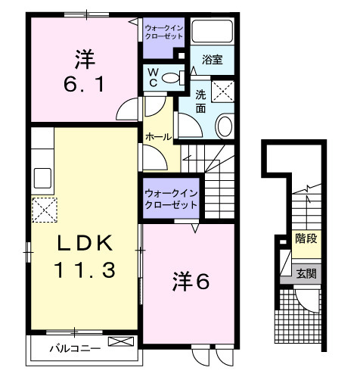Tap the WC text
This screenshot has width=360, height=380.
pos(153,77)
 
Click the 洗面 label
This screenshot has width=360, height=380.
pos(201,101)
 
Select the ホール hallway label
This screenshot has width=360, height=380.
pos(157,137)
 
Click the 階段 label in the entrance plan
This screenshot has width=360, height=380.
pos(306,238)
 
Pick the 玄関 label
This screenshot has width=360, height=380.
pos(306,273)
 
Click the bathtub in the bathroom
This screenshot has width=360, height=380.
pos(213,31)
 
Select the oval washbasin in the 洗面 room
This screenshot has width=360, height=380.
pos(225,125)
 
